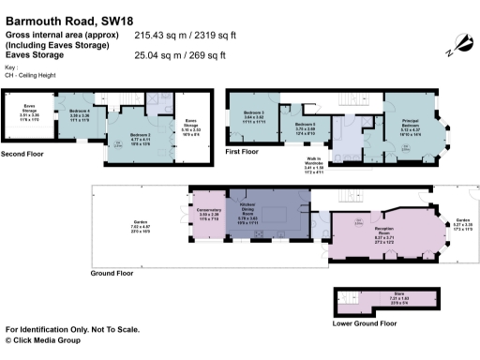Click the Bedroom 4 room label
(80, 113)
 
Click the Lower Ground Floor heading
(364, 322)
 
